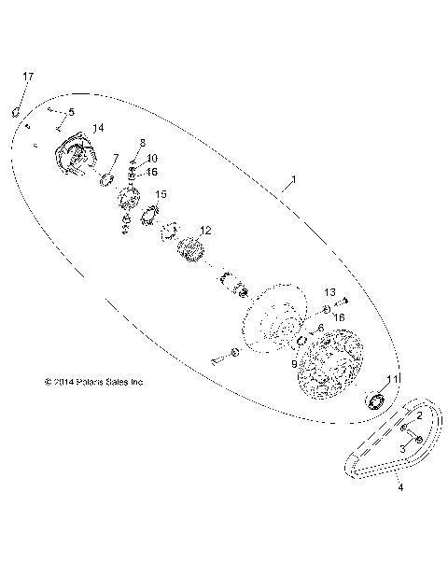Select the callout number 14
[97, 127]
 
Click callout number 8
[142, 142]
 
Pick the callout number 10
[151, 159]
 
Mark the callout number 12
[205, 230]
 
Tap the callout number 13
[329, 293]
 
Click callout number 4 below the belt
[399, 486]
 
